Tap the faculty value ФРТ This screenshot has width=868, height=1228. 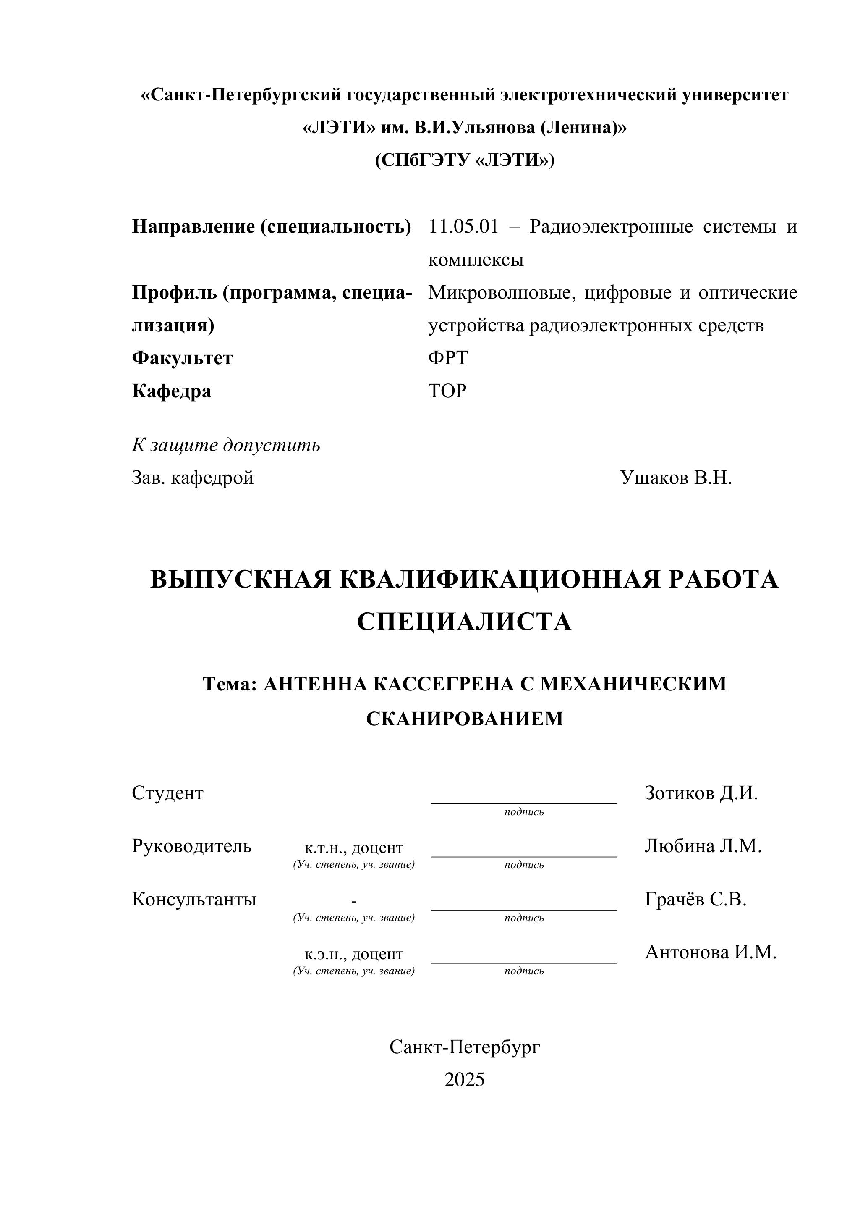point(447,358)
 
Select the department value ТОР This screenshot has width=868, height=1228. point(447,391)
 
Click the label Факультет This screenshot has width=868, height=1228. point(182,358)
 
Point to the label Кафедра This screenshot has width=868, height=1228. point(172,391)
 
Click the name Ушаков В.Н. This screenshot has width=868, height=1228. point(676,478)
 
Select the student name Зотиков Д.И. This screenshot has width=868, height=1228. point(701,793)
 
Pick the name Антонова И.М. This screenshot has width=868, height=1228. point(710,952)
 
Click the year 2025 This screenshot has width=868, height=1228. point(464,1080)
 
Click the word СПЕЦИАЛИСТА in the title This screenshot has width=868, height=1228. point(464,622)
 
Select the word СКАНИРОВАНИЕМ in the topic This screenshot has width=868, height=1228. point(465,718)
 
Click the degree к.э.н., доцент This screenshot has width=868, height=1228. point(354,954)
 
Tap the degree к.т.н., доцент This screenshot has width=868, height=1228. point(354,848)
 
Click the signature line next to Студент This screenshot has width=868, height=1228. point(524,802)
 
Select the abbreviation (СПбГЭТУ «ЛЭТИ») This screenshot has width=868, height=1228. point(465,160)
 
